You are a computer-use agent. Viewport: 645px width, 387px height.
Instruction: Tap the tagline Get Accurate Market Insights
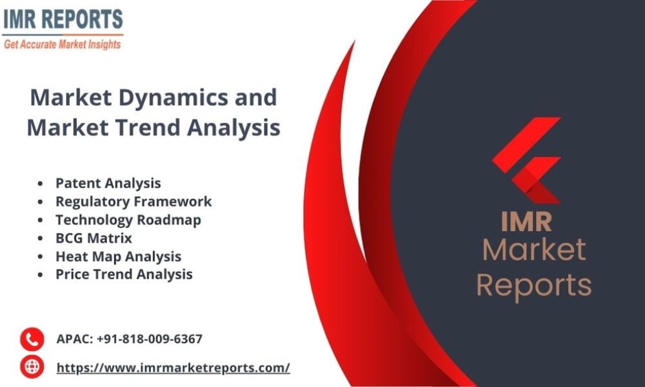(63, 45)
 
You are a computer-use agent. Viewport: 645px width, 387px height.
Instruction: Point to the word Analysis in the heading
(233, 128)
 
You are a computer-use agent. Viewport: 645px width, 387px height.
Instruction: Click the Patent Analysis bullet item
(108, 183)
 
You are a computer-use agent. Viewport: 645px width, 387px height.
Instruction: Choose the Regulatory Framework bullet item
(133, 201)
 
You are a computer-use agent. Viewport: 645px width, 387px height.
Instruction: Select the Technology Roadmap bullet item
(128, 220)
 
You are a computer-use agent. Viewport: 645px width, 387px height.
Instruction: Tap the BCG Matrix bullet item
(94, 238)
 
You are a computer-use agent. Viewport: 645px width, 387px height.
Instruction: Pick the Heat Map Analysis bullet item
(118, 256)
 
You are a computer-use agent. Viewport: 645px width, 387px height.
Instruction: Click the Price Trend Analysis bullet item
(124, 274)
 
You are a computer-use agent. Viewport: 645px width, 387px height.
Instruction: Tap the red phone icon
(31, 339)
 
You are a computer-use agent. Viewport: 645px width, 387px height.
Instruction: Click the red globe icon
(31, 367)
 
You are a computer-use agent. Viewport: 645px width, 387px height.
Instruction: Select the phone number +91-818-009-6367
(150, 339)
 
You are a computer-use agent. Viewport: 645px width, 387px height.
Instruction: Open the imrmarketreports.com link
(173, 368)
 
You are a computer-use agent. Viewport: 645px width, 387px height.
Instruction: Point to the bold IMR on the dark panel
(526, 221)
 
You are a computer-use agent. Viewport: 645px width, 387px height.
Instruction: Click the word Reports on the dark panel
(534, 284)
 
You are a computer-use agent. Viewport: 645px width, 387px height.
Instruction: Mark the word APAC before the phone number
(74, 339)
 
